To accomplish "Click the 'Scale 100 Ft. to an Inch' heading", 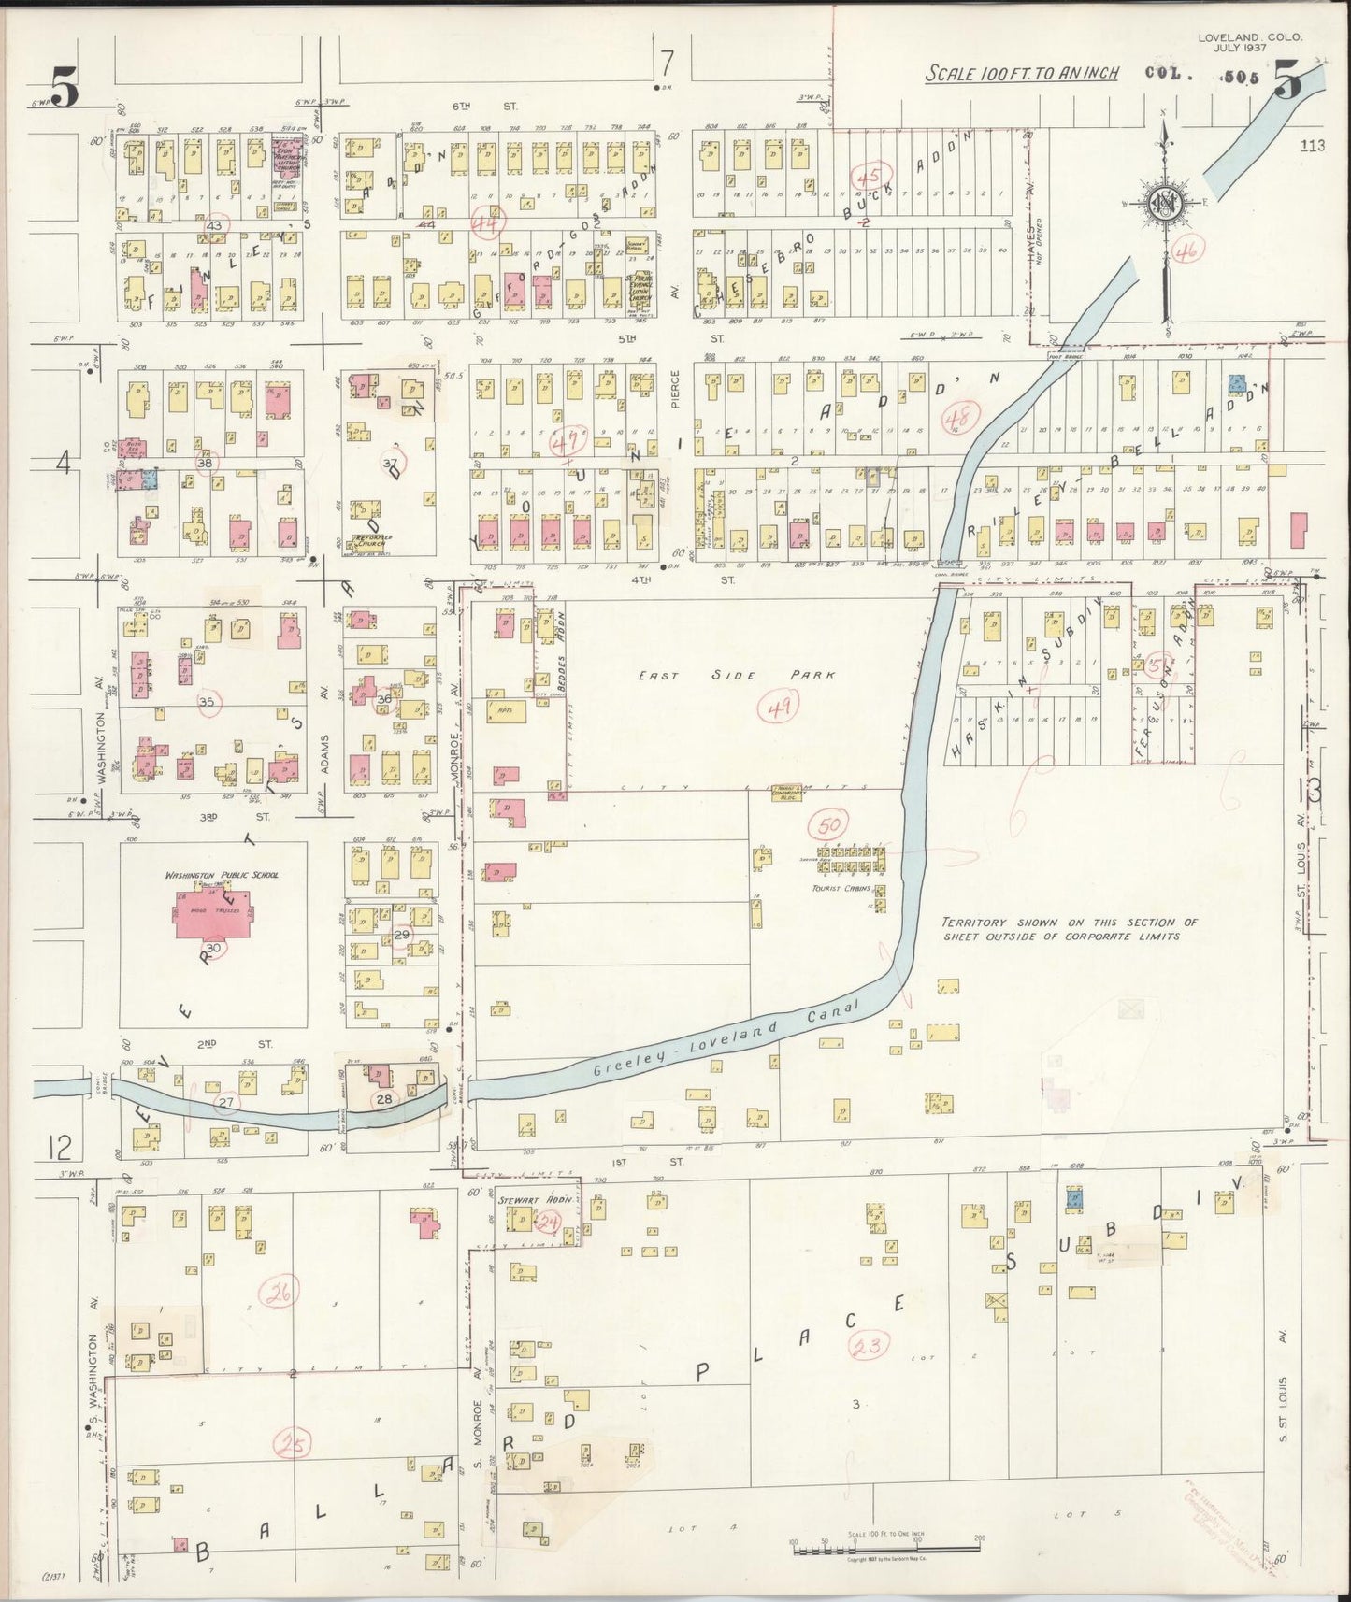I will click(1022, 73).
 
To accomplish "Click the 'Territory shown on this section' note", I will click(1069, 928).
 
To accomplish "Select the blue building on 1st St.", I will click(1073, 1196).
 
